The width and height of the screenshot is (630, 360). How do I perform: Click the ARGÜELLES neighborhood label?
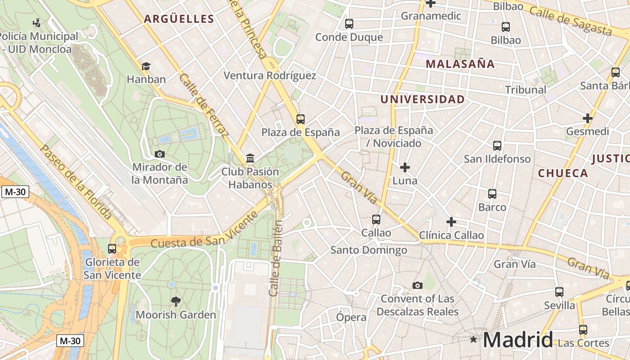179,19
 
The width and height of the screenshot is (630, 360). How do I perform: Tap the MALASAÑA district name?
460,64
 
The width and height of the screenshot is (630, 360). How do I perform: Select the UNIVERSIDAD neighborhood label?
423,99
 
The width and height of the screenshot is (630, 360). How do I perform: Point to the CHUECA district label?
563,173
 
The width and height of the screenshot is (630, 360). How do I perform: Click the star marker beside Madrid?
473,339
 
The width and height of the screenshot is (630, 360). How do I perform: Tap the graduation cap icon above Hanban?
146,67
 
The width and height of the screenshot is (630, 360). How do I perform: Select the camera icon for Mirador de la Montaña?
159,154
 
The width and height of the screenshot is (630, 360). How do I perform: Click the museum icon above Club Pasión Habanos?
250,158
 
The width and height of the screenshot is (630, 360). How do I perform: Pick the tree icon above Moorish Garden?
176,301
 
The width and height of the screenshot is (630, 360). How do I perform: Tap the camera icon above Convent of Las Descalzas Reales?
418,285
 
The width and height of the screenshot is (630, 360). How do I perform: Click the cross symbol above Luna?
405,167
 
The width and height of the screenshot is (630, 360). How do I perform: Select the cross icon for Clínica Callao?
451,222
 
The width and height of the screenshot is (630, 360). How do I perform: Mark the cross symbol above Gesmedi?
588,118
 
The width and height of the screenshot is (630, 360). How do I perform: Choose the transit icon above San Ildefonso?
497,146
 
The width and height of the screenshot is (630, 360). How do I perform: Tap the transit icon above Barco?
492,194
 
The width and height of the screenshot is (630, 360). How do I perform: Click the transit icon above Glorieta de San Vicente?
112,248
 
